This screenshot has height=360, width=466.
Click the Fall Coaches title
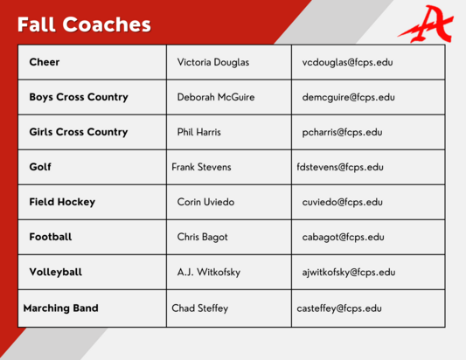click(84, 24)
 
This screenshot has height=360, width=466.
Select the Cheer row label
click(45, 62)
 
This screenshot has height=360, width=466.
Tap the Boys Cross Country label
click(79, 97)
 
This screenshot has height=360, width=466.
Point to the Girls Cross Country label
click(79, 132)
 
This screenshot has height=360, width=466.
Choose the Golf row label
click(40, 167)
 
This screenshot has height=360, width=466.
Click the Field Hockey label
click(62, 202)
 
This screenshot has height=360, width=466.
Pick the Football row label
click(51, 237)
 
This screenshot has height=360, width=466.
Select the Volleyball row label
click(56, 272)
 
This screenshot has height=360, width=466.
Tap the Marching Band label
click(60, 308)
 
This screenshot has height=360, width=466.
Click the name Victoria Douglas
click(212, 62)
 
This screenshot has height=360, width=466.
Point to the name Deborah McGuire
click(215, 97)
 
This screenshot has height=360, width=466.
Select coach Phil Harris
click(198, 132)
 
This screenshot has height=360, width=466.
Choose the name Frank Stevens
click(201, 167)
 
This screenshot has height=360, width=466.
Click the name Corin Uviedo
click(206, 202)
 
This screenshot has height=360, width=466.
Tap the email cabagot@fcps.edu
click(343, 237)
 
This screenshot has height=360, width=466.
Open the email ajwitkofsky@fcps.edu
click(349, 272)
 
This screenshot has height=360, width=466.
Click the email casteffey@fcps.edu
click(339, 308)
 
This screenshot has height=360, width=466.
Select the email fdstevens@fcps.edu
click(340, 167)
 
